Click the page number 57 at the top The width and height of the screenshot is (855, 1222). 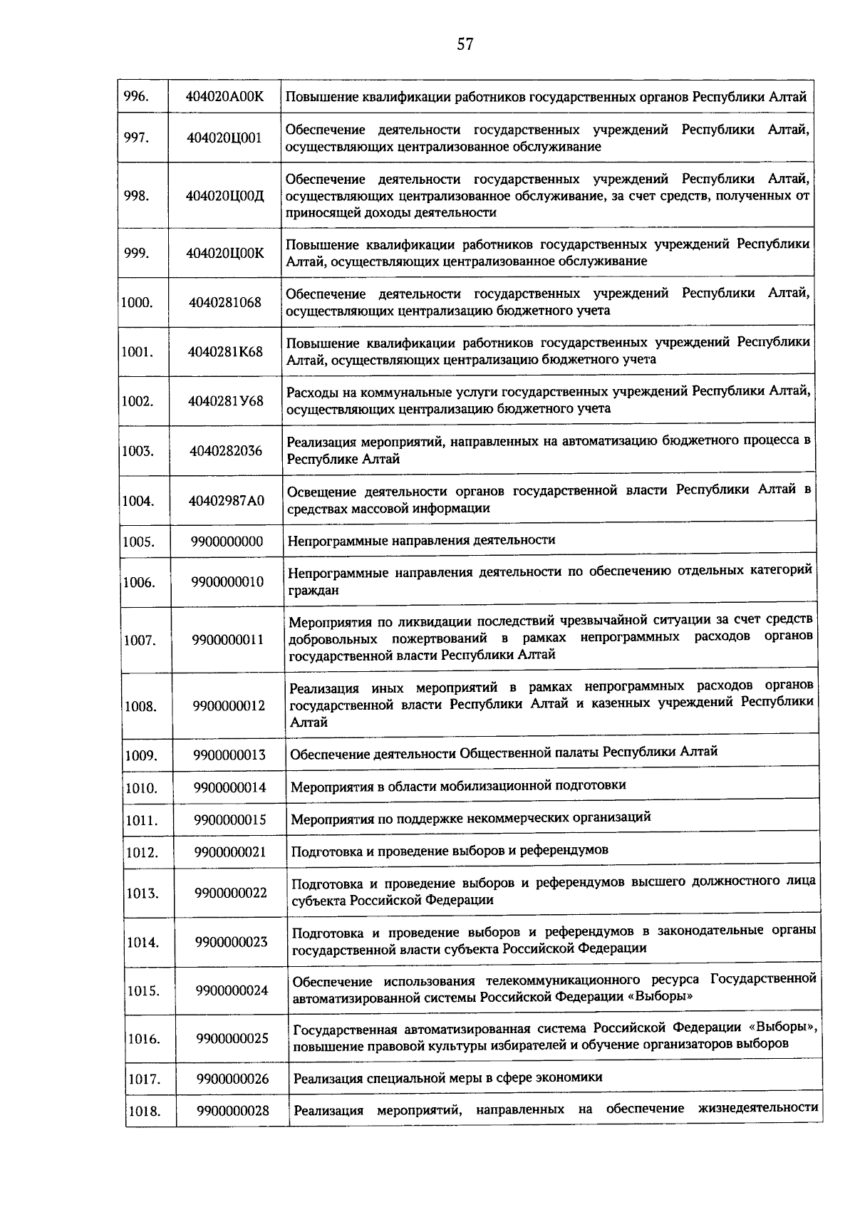[465, 45]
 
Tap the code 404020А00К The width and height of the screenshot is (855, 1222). [224, 97]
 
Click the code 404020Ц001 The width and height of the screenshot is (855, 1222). [224, 138]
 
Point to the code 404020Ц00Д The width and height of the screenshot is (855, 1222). [224, 196]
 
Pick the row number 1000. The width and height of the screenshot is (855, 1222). [137, 302]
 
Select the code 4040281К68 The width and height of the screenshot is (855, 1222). [225, 351]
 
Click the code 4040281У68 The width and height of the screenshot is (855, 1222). [225, 401]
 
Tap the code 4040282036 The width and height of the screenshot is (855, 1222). [225, 450]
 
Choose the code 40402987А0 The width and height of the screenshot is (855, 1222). [226, 500]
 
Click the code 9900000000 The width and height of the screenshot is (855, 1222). [227, 542]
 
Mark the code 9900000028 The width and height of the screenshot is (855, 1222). [233, 1110]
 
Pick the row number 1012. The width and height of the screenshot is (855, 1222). [142, 852]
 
